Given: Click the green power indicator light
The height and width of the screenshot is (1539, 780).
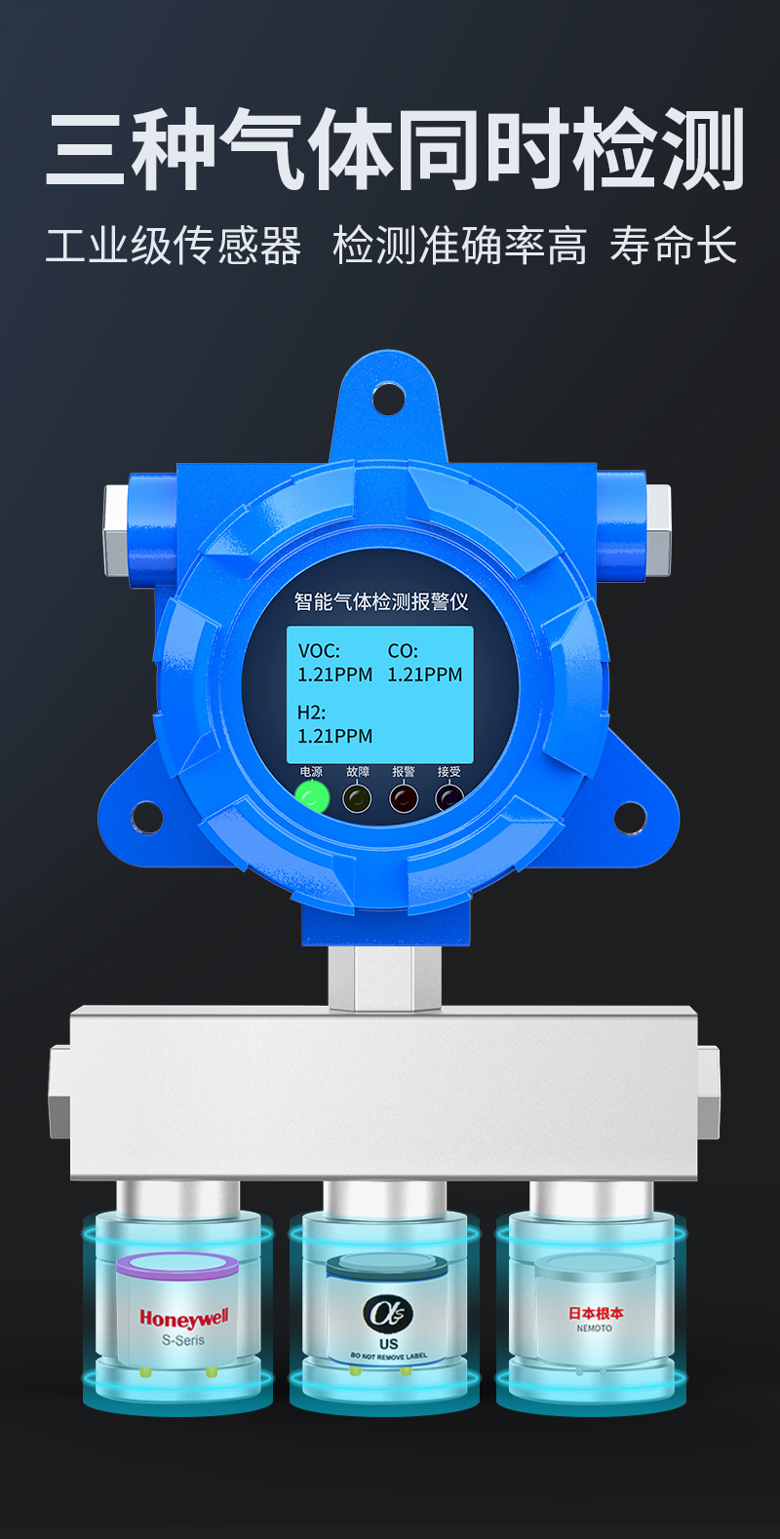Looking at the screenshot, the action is pos(312,797).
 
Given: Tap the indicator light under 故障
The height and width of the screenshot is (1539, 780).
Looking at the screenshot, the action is pos(358,798).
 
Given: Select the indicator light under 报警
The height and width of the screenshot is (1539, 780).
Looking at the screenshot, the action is pos(404,798).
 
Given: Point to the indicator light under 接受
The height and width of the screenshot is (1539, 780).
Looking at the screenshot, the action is pos(449,798).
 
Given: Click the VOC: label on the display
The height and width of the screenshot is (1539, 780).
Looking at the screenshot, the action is pos(319,651).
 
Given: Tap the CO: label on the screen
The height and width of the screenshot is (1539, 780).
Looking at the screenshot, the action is pos(403,651).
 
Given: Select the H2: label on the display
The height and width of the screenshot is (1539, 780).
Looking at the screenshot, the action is pos(311,712).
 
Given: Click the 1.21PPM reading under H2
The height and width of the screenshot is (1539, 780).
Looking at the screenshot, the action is pos(334,737).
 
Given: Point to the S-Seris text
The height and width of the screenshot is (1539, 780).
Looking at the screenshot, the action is pos(183,1340).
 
